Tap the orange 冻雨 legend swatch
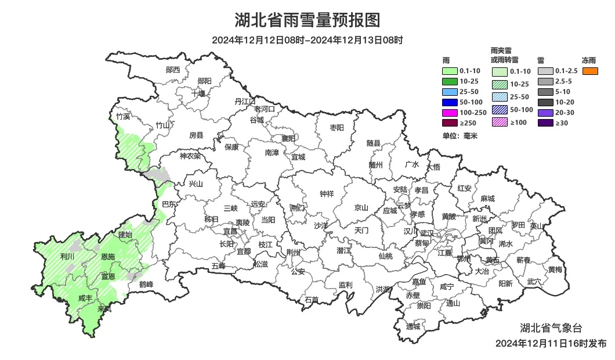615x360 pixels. tap(590, 71)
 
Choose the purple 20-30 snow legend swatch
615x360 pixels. tap(545, 113)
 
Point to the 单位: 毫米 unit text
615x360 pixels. tap(459, 136)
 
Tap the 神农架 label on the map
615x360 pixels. tap(190, 156)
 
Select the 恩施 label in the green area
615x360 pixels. tap(108, 257)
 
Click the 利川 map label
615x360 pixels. tap(67, 256)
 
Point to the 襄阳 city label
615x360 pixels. tap(288, 138)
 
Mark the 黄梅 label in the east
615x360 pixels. tap(555, 269)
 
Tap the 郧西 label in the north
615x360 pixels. tap(173, 70)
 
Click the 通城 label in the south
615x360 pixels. tap(413, 326)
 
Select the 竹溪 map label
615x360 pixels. tap(123, 116)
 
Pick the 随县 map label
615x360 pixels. tap(374, 143)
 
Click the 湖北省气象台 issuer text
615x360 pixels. tap(550, 329)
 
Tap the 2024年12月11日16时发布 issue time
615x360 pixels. tap(551, 343)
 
